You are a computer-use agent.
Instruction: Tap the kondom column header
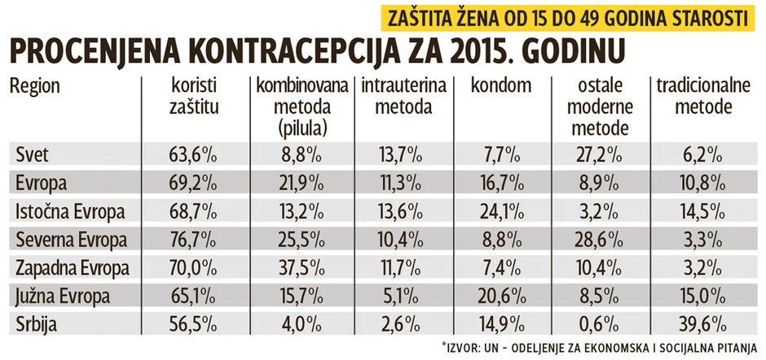500,86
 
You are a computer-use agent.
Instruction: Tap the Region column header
35,86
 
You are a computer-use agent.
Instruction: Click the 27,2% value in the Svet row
597,153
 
